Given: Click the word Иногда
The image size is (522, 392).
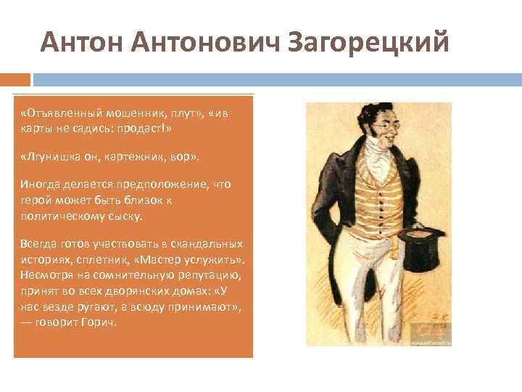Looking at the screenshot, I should tap(41, 184).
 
